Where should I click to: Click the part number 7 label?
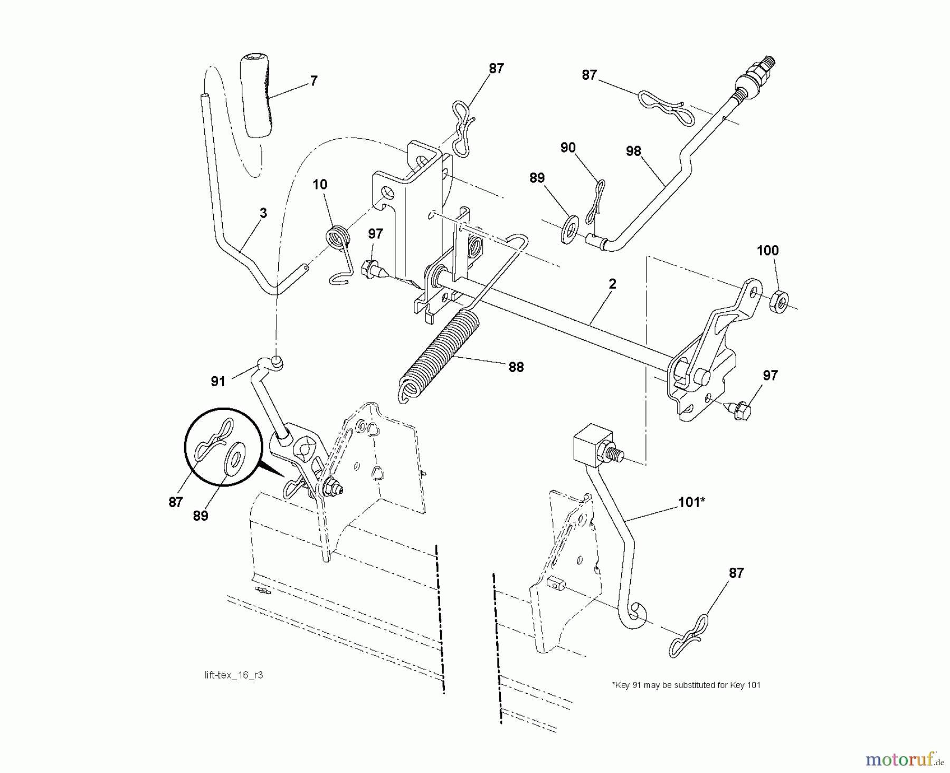[313, 81]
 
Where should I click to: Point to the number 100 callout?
[767, 251]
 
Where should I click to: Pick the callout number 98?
[633, 151]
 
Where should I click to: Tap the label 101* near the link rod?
[691, 502]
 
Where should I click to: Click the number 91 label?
[218, 381]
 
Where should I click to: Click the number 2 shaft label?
[612, 284]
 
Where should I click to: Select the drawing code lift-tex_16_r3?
[233, 675]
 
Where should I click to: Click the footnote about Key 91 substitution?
[686, 685]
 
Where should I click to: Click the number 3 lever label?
[263, 213]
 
